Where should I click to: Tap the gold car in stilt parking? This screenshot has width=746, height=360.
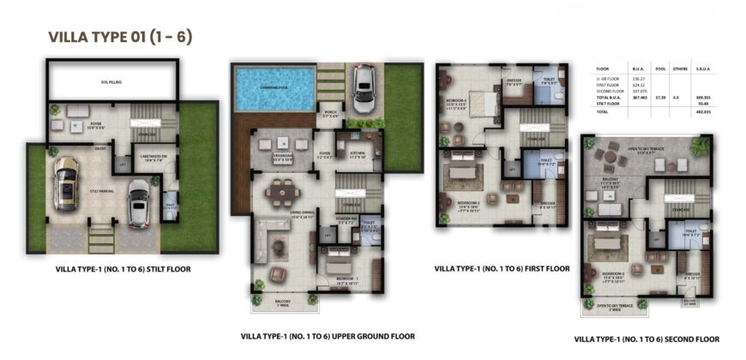[65, 183]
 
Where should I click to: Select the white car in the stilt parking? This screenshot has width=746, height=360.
[137, 203]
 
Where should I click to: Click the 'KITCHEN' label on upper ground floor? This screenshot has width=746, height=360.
[358, 157]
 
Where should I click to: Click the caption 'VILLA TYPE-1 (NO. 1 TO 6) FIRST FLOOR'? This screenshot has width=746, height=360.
[502, 268]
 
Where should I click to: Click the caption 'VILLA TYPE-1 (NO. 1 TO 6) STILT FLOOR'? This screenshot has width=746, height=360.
[120, 269]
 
